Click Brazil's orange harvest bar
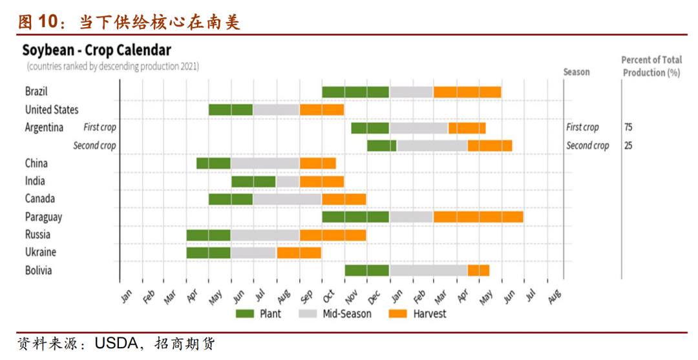point(467,92)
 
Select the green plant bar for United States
point(231,110)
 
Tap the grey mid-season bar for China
point(266,164)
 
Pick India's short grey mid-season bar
point(288,182)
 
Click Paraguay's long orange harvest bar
point(478,217)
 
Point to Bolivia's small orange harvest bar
point(478,271)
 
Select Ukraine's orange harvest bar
point(299,253)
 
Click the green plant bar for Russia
point(209,235)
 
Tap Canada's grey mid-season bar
point(288,199)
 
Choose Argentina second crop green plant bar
point(382,145)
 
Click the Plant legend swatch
point(245,313)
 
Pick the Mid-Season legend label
point(347,313)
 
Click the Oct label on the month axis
point(328,295)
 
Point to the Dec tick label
point(374,297)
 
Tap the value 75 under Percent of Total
point(628,127)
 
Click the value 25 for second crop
point(628,145)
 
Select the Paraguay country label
point(44,217)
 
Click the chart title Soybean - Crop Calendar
point(96,50)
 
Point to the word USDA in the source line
point(116,344)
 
